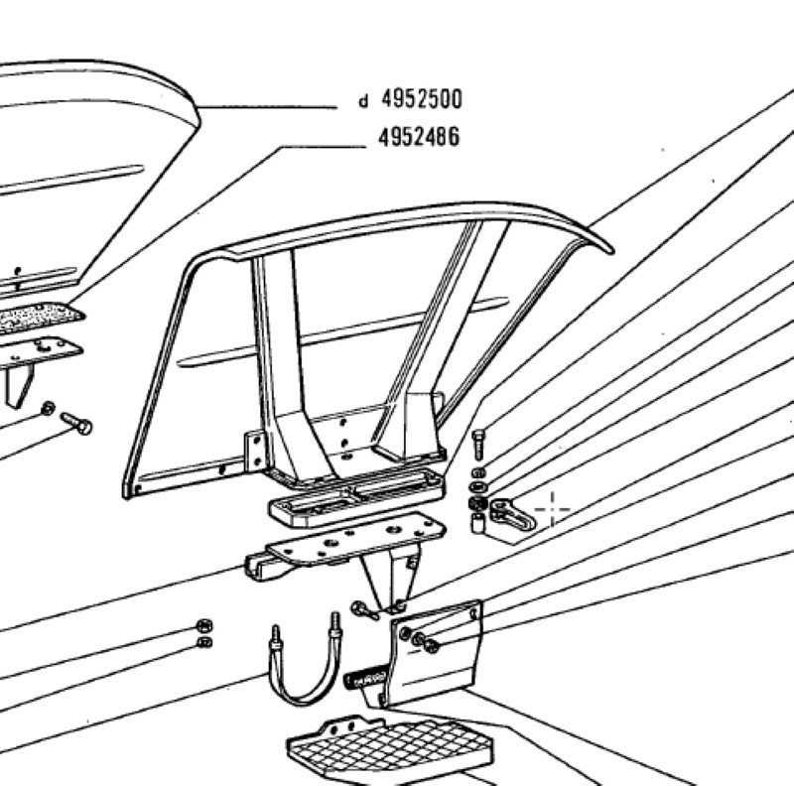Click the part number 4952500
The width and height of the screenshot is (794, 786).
[x=421, y=99]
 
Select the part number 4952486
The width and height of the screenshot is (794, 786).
[x=419, y=137]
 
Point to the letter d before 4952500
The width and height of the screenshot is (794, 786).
[x=363, y=101]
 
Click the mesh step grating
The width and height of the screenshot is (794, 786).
[x=390, y=747]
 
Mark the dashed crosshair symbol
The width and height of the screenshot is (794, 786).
[x=553, y=509]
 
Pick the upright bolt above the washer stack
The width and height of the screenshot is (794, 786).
[x=478, y=445]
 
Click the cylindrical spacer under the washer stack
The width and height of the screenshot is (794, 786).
[x=477, y=523]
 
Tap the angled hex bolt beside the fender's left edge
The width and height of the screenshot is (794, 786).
[x=76, y=423]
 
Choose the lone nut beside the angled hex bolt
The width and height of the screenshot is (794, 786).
[x=48, y=408]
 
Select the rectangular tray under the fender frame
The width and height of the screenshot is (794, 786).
[x=356, y=497]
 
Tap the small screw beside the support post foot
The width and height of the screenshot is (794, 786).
[x=365, y=610]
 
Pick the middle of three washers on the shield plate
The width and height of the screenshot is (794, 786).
[x=418, y=639]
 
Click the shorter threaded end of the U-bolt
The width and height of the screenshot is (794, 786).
[x=276, y=636]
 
